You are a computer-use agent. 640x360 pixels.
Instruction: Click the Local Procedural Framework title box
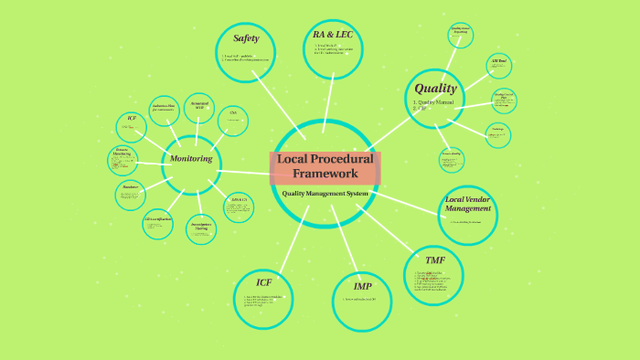(325, 166)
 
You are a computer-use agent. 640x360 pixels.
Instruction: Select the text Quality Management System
(325, 193)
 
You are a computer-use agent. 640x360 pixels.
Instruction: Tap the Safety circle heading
(246, 38)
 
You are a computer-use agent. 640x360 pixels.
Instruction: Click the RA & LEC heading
(332, 35)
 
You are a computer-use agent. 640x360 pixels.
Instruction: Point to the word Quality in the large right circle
(435, 89)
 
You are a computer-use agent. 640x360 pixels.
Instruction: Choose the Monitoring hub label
(192, 159)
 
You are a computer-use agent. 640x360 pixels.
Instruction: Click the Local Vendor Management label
(468, 203)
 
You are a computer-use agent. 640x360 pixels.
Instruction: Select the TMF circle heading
(434, 260)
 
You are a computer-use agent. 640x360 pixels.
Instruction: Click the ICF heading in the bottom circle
(263, 282)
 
